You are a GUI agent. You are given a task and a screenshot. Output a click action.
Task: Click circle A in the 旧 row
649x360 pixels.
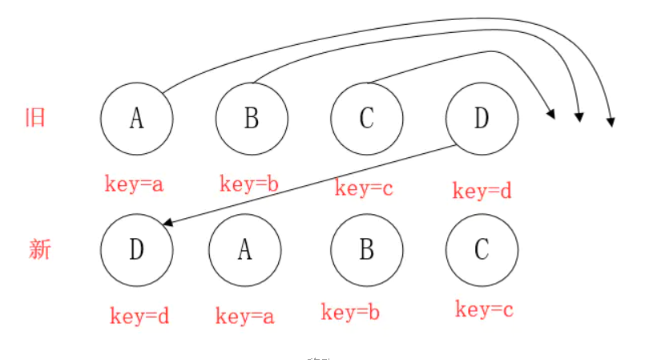[137, 119]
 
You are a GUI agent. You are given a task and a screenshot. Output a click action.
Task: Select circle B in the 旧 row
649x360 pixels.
[252, 119]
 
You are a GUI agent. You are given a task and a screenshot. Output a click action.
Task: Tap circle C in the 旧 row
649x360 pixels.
[367, 119]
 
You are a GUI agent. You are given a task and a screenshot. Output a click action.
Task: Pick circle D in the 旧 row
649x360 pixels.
[482, 119]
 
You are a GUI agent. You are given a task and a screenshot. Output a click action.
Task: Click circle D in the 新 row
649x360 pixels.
[137, 250]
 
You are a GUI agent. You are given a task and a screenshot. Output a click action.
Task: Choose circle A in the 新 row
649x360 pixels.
[245, 250]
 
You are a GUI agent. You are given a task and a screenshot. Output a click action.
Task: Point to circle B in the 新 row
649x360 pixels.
[367, 250]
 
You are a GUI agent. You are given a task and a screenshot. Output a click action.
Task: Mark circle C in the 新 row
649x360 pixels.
[482, 250]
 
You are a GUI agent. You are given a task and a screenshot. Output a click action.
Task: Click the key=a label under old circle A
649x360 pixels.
[134, 184]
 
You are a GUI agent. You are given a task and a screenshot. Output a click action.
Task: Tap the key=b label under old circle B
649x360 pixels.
[249, 184]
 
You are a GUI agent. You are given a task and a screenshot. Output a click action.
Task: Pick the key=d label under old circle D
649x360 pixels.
[482, 191]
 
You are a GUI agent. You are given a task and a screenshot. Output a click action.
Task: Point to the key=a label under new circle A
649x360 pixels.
[245, 317]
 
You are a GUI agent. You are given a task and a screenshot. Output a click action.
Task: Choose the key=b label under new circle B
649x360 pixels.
[350, 313]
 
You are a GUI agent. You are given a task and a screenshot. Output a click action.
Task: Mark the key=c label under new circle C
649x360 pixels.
[484, 309]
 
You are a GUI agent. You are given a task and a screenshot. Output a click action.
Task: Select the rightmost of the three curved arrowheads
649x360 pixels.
[611, 121]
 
